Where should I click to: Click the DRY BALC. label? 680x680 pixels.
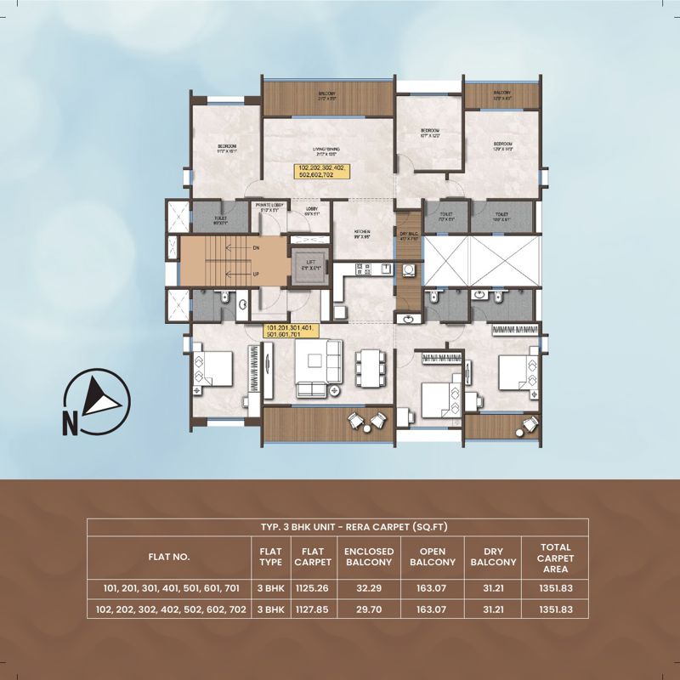tap(409, 235)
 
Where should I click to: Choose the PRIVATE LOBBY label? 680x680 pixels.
tap(263, 206)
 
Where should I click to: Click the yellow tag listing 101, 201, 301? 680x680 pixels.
tap(290, 331)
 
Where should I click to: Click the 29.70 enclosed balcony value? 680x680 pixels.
tap(368, 609)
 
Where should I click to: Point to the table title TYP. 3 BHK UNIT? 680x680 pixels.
tap(340, 527)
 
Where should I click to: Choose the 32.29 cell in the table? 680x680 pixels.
tap(368, 587)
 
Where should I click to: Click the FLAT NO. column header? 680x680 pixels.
tap(170, 558)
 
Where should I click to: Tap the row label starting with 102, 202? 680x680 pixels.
tap(170, 609)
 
